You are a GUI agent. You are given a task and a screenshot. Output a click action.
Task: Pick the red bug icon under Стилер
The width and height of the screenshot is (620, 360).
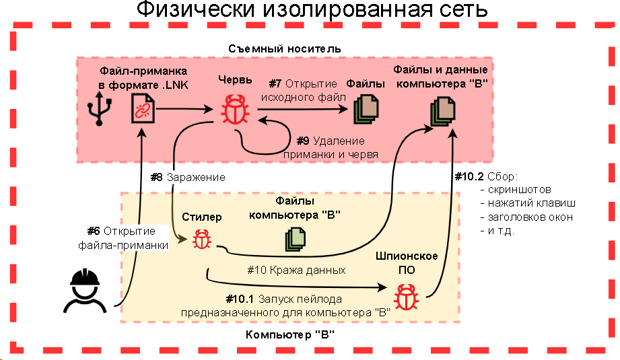click(201, 239)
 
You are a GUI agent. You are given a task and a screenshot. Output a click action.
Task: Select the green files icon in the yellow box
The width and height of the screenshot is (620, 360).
click(294, 239)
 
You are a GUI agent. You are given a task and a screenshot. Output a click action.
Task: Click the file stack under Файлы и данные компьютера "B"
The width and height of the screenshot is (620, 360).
click(441, 110)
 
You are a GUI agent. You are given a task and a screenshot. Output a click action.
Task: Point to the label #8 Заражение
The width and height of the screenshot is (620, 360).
click(187, 177)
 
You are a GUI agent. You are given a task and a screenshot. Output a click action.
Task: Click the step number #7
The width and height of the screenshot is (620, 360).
click(275, 84)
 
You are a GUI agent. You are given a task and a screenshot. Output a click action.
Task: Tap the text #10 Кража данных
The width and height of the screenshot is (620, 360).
click(296, 270)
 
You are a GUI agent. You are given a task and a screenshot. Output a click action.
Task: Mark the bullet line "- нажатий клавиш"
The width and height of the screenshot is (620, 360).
click(528, 203)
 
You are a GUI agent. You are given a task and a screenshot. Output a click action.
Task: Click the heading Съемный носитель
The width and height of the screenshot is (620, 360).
click(283, 48)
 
